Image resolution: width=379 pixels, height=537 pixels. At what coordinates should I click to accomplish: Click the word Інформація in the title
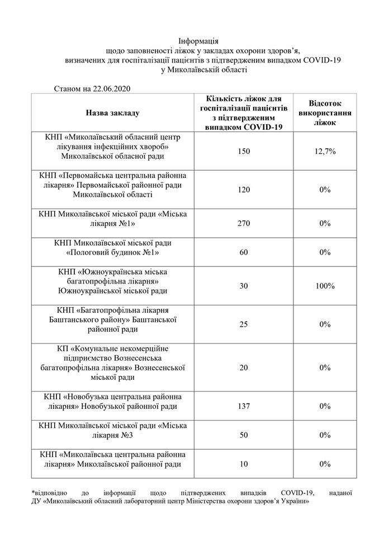[x=198, y=41]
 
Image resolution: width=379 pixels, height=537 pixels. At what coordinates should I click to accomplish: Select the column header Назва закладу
[x=112, y=112]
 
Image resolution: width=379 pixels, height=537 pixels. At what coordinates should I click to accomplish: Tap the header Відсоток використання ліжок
[x=325, y=112]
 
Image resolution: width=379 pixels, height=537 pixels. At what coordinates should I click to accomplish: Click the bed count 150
[x=244, y=150]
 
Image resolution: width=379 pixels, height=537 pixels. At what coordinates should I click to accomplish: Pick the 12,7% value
[x=325, y=150]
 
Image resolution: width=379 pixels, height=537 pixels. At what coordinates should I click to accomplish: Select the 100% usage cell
[x=325, y=286]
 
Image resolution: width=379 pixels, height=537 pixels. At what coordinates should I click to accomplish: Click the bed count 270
[x=244, y=223]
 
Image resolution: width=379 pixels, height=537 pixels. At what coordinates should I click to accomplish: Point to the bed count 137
[x=244, y=406]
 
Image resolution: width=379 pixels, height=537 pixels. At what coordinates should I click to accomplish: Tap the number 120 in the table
[x=244, y=190]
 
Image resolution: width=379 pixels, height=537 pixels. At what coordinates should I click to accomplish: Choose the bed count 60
[x=244, y=252]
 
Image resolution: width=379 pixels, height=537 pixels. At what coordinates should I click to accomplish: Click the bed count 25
[x=244, y=324]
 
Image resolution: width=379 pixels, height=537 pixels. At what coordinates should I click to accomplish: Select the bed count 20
[x=244, y=368]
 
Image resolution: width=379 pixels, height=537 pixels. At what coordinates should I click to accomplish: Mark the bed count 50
[x=244, y=435]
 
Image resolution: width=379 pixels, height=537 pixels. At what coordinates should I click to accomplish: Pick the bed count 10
[x=244, y=464]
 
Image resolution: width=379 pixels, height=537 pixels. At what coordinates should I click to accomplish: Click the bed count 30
[x=244, y=286]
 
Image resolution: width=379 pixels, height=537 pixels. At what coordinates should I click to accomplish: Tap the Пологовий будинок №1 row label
[x=112, y=252]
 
